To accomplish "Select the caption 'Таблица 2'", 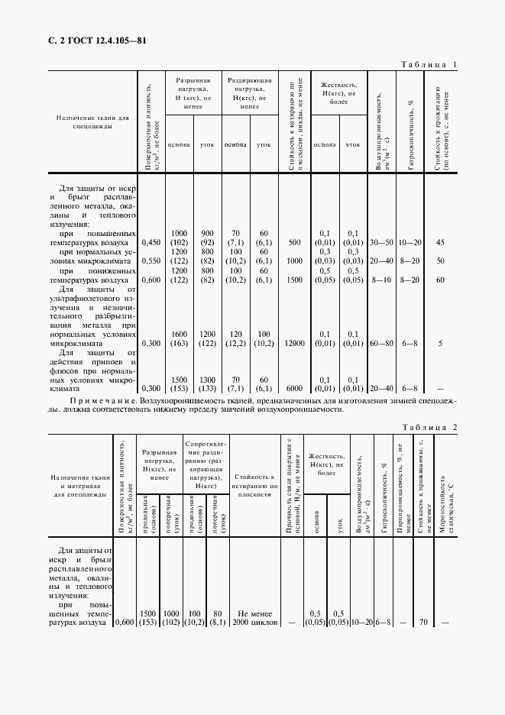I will [429, 428].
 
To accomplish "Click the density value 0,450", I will [151, 242].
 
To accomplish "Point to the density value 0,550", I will [151, 260].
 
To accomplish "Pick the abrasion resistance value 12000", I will [293, 344].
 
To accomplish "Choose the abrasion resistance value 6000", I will [293, 388].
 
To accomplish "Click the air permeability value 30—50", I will [381, 242].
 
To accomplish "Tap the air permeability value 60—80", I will [381, 344].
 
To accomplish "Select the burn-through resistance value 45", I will [440, 242].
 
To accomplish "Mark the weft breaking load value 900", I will [206, 233].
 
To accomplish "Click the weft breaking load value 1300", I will [206, 380].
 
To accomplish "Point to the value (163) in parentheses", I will [180, 344].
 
